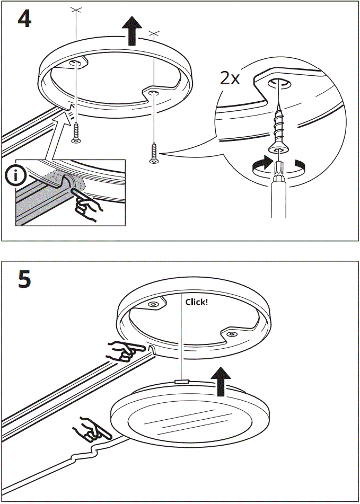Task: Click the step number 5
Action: [x=24, y=279]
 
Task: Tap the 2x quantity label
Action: [x=230, y=79]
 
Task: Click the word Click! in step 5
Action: [x=197, y=302]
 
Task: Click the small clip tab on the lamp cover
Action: [x=182, y=381]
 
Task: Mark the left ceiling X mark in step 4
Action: [x=76, y=10]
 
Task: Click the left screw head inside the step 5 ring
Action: [x=153, y=304]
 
